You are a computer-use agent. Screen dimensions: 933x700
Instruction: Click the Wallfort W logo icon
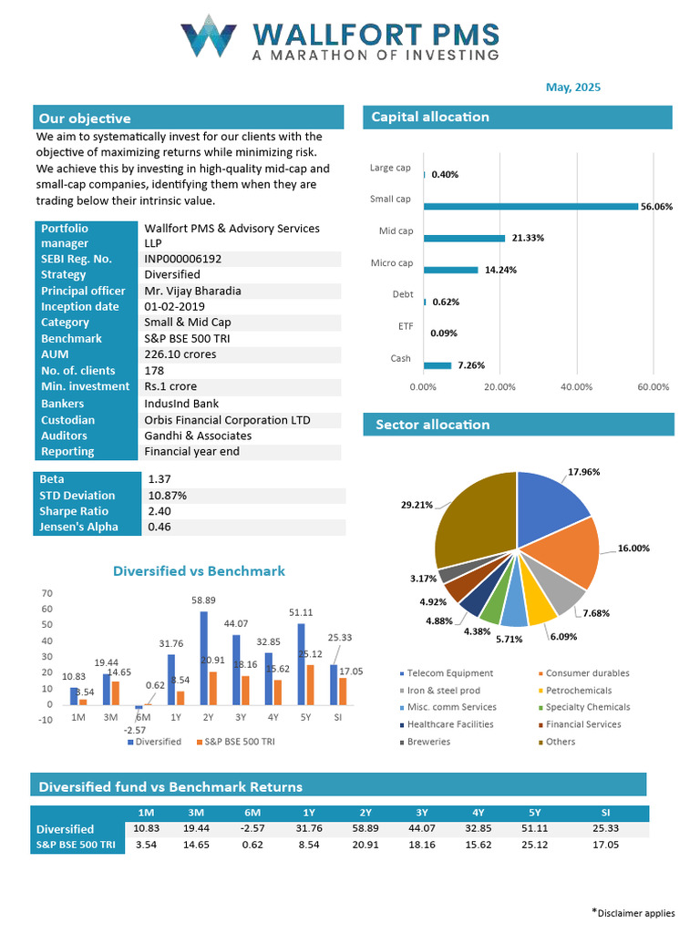(x=209, y=36)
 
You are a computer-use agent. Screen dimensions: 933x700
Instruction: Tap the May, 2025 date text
(x=572, y=87)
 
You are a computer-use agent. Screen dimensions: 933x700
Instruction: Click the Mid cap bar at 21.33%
(x=464, y=239)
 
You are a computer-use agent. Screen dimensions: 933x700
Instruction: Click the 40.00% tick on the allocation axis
(x=576, y=387)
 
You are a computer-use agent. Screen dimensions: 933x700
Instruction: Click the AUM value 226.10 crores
(x=180, y=354)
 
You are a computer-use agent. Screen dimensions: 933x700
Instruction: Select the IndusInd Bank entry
(x=181, y=404)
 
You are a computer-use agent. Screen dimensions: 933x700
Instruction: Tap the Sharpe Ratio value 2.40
(x=159, y=511)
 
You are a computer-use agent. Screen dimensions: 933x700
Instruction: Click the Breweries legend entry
(x=427, y=742)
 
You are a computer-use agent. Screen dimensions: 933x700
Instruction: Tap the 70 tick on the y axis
(x=46, y=593)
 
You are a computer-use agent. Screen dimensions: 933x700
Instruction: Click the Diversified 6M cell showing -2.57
(x=252, y=828)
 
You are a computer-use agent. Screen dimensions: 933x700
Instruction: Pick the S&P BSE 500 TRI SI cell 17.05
(x=605, y=845)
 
